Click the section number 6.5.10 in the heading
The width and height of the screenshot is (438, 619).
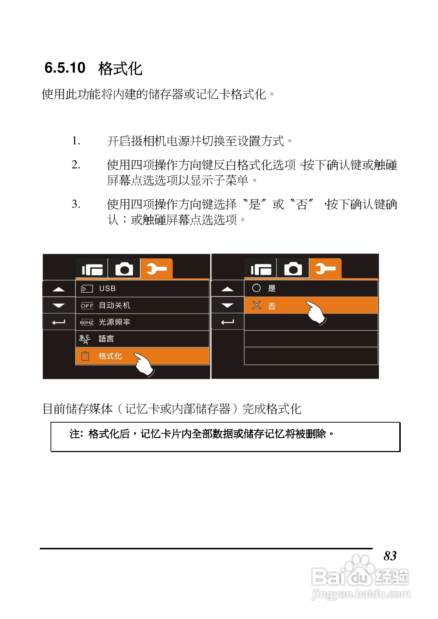[x=65, y=68]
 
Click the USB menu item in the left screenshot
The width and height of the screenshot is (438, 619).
[x=107, y=288]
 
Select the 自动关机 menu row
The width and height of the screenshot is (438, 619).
[x=115, y=305]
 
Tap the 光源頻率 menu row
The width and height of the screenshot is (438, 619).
[x=115, y=322]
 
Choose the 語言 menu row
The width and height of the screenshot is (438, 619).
[x=106, y=339]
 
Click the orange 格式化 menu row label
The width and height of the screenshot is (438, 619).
[x=110, y=356]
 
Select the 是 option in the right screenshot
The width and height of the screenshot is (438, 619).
[x=272, y=288]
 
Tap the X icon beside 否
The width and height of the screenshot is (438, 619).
[x=256, y=305]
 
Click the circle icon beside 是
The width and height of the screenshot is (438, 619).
[x=256, y=288]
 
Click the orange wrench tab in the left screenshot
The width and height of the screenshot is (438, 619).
[x=156, y=269]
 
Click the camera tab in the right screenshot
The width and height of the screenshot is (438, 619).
[x=293, y=269]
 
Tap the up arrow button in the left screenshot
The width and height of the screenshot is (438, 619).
[x=59, y=289]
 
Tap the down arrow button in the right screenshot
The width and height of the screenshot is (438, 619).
[x=227, y=305]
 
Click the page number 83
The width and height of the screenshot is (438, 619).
[x=390, y=556]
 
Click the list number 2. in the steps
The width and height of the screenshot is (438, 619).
[x=76, y=165]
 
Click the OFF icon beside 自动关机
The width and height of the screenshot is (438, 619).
[x=87, y=306]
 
